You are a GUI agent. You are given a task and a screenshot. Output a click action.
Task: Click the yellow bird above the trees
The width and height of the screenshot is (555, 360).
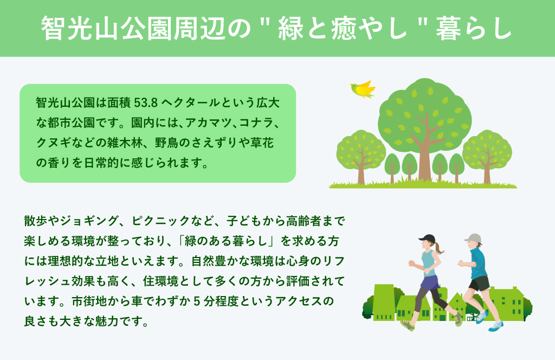(x=363, y=89)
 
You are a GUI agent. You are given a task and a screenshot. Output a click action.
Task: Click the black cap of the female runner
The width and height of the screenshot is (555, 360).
(x=427, y=238)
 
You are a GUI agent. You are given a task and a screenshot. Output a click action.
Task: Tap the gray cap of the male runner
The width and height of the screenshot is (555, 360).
(x=473, y=238)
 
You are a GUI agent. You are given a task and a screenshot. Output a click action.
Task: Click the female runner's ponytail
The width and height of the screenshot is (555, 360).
(x=439, y=248)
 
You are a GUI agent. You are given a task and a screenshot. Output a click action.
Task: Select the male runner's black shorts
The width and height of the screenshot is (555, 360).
(x=479, y=284)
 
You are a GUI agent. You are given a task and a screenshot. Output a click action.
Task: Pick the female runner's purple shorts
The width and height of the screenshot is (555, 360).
(x=430, y=282)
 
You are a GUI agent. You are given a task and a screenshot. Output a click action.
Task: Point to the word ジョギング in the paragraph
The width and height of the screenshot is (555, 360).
(x=89, y=221)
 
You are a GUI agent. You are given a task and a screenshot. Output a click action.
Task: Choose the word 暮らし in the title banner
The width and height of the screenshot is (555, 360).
(x=474, y=28)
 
